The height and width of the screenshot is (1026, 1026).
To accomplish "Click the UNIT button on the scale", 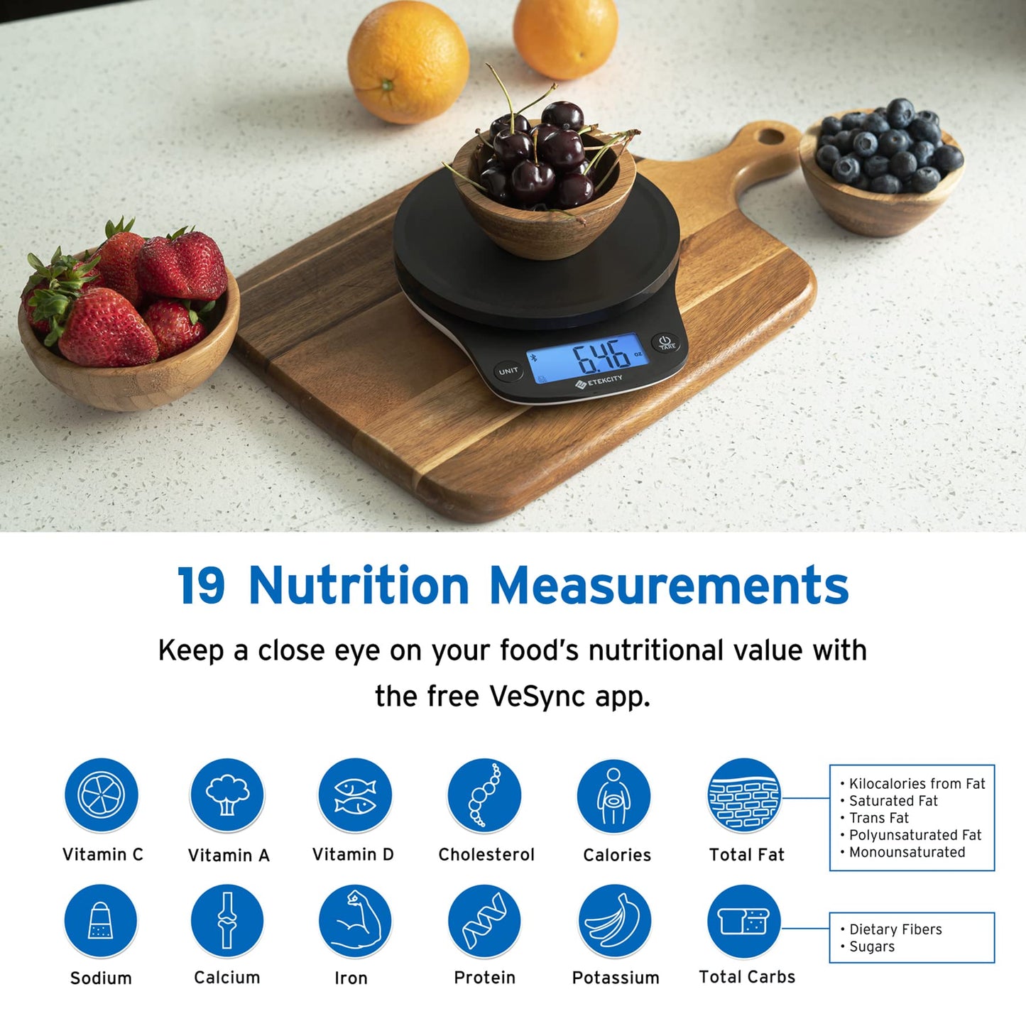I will click(x=508, y=371).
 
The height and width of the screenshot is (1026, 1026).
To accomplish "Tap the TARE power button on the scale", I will click(x=666, y=343).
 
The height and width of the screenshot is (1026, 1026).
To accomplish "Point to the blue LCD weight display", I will click(x=588, y=357).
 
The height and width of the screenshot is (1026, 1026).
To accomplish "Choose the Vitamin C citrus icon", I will click(x=101, y=795).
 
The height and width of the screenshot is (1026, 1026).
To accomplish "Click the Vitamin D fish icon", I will click(x=355, y=795).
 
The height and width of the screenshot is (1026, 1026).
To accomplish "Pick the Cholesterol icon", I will click(x=484, y=795).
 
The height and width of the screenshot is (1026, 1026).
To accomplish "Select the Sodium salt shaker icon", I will click(x=100, y=921).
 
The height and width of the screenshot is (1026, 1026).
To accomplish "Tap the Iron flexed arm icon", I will click(x=355, y=921).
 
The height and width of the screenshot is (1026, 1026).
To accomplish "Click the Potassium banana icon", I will click(x=614, y=921).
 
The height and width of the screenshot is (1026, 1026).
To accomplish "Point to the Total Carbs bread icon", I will click(x=743, y=921).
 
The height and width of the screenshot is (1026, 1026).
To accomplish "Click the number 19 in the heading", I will click(x=202, y=586).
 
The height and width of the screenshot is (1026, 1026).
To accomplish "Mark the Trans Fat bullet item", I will click(x=878, y=818).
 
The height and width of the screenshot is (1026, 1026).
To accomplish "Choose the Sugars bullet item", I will click(x=871, y=946).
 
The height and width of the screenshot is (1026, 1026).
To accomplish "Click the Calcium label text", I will click(x=227, y=978).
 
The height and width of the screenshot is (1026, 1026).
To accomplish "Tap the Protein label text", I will click(x=484, y=978).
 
